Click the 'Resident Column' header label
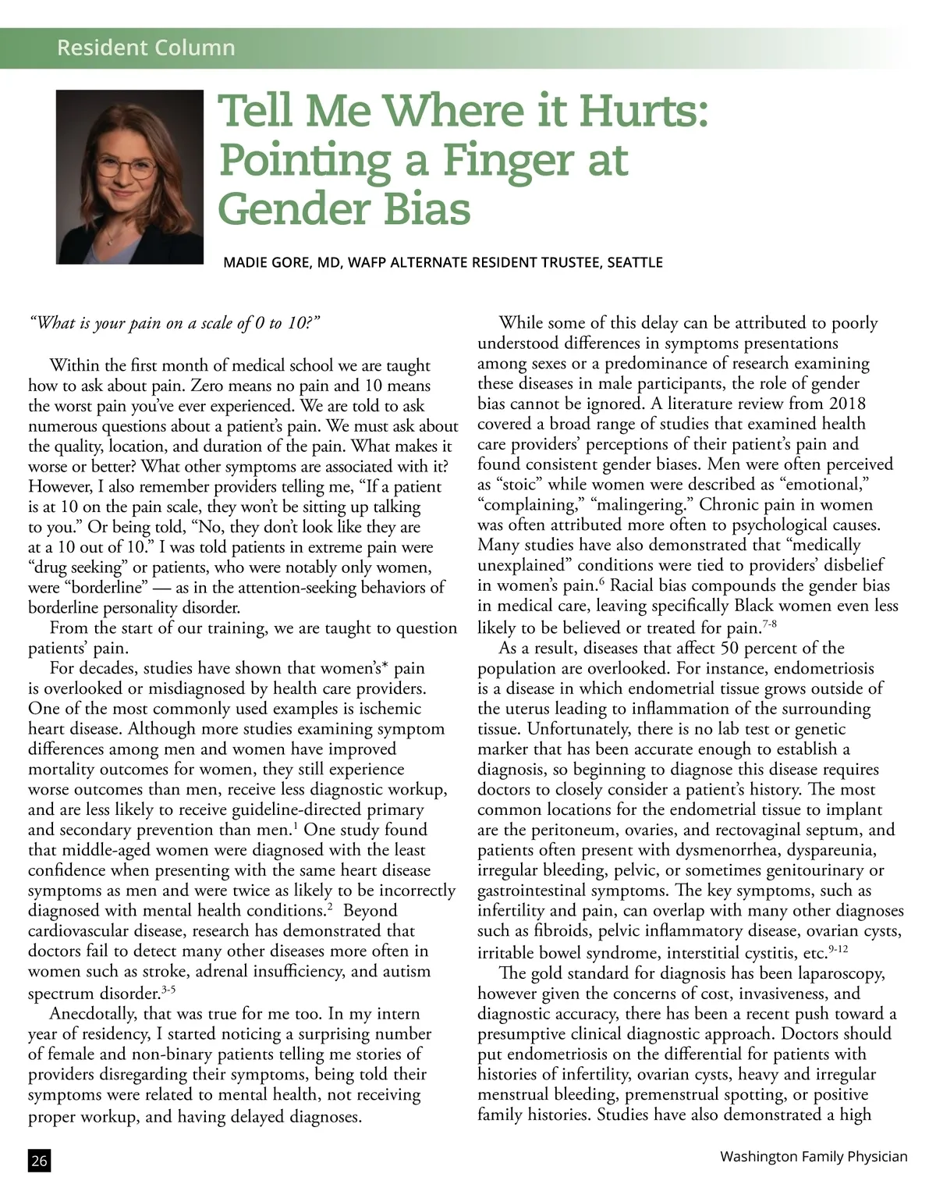coord(146,48)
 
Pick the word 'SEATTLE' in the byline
coord(634,262)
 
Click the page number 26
coord(39,1161)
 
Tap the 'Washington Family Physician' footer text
coord(814,1156)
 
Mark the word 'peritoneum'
coord(551,830)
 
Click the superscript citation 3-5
coord(168,990)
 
